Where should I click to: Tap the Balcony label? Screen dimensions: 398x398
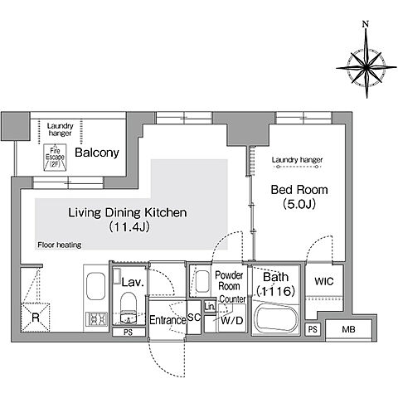97,153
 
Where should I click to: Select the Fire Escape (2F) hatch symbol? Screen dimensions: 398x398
55,158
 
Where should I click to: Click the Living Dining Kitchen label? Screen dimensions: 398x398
128,212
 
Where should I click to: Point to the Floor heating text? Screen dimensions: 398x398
60,245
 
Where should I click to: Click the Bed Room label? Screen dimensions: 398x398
299,190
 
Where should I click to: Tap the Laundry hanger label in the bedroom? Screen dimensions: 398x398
297,160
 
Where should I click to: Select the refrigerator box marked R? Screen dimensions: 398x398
36,318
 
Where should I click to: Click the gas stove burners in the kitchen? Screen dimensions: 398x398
96,319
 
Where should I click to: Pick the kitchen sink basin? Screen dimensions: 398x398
96,286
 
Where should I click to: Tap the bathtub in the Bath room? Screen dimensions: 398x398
276,318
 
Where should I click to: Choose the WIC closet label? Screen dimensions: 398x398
324,281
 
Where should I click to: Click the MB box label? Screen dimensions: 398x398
348,329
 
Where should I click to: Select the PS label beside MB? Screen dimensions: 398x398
313,329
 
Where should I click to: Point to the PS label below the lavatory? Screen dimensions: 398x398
129,332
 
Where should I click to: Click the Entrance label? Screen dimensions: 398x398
167,320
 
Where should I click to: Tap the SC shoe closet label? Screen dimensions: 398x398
194,318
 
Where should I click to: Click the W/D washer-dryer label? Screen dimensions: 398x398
232,321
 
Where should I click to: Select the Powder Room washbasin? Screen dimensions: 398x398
202,281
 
